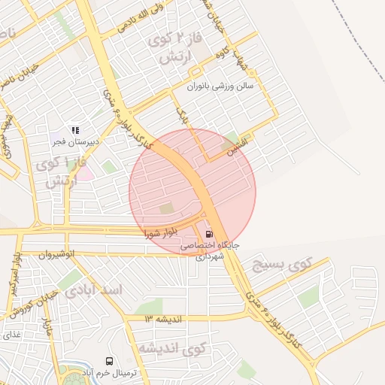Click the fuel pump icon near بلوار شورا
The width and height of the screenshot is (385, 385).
pos(208,233)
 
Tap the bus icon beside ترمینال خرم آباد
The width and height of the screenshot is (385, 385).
pos(110,362)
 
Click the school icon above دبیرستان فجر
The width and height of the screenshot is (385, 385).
pos(75,129)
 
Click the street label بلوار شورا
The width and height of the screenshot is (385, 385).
pos(164,233)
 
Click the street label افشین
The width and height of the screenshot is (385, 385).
pos(245,142)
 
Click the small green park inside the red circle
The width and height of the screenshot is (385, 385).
pos(166,208)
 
